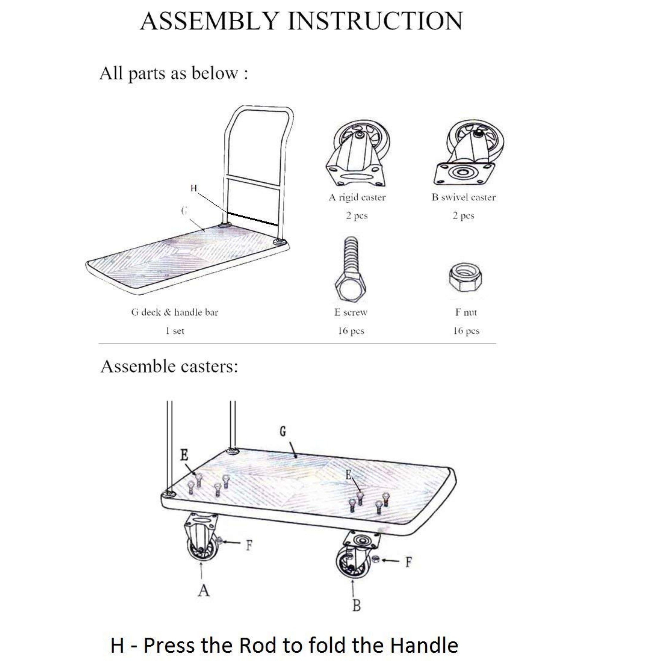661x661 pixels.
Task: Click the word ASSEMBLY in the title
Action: tap(208, 21)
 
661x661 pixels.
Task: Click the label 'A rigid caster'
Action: tap(357, 197)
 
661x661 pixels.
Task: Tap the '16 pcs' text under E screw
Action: tap(351, 331)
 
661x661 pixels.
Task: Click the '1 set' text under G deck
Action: tap(175, 331)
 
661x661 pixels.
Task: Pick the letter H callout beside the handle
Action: tap(194, 188)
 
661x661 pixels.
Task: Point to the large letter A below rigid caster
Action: tap(204, 590)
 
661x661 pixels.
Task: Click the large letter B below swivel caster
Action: tap(356, 605)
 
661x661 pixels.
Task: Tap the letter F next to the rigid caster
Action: tap(249, 545)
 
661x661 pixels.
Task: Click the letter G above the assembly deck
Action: tap(283, 432)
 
